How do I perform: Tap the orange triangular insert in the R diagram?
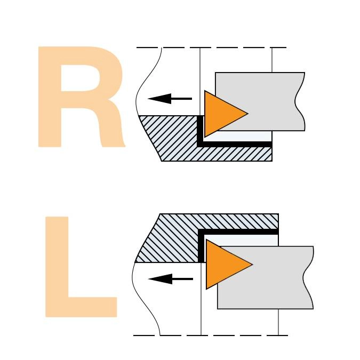pyautogui.click(x=220, y=114)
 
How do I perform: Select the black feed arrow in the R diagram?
pyautogui.click(x=170, y=99)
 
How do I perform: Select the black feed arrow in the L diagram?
pyautogui.click(x=171, y=279)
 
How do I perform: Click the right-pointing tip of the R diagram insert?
pyautogui.click(x=248, y=113)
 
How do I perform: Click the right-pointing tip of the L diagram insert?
pyautogui.click(x=253, y=264)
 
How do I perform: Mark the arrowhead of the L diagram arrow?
pyautogui.click(x=160, y=279)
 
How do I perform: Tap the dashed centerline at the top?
pyautogui.click(x=211, y=47)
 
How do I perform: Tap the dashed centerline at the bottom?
pyautogui.click(x=211, y=335)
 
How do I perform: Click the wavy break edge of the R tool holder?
pyautogui.click(x=299, y=101)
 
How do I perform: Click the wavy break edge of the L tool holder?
pyautogui.click(x=308, y=277)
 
